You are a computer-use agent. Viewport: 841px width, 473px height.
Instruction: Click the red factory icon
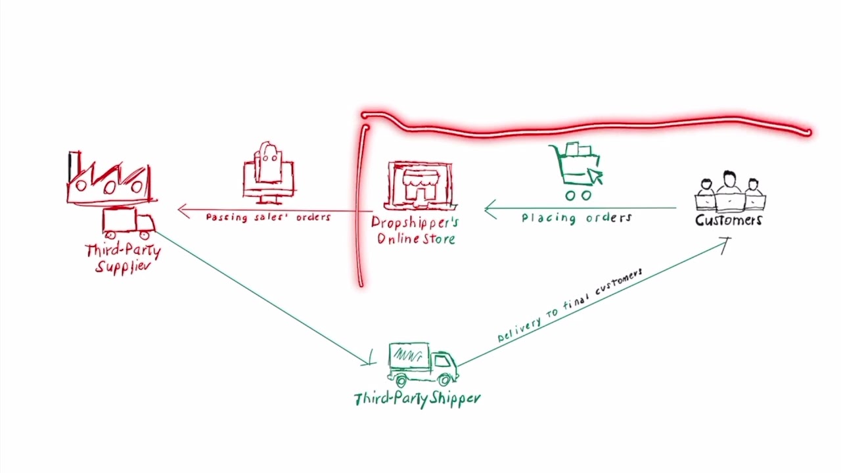pyautogui.click(x=110, y=179)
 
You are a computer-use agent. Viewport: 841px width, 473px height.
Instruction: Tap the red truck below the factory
pyautogui.click(x=128, y=223)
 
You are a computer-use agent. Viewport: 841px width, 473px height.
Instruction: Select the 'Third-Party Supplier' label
pyautogui.click(x=123, y=258)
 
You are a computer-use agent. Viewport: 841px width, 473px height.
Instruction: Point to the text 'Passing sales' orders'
pyautogui.click(x=268, y=217)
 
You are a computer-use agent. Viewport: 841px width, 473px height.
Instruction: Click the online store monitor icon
pyautogui.click(x=419, y=185)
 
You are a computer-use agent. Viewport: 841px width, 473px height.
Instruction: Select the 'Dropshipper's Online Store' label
pyautogui.click(x=415, y=231)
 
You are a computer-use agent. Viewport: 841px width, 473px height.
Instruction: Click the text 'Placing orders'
pyautogui.click(x=576, y=217)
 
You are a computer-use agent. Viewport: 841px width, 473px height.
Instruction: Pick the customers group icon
pyautogui.click(x=729, y=191)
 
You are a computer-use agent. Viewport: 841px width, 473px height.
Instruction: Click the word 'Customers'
pyautogui.click(x=729, y=220)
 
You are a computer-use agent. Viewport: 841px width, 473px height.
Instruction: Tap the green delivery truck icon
pyautogui.click(x=422, y=363)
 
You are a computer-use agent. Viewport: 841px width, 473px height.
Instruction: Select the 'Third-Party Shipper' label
pyautogui.click(x=417, y=399)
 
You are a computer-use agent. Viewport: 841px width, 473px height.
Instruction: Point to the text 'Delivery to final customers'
pyautogui.click(x=569, y=306)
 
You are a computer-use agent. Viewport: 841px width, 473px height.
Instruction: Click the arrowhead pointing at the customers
pyautogui.click(x=725, y=242)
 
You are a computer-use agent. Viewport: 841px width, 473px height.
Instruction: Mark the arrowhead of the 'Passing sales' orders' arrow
pyautogui.click(x=182, y=210)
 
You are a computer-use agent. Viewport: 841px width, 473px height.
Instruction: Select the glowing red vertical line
pyautogui.click(x=361, y=204)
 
